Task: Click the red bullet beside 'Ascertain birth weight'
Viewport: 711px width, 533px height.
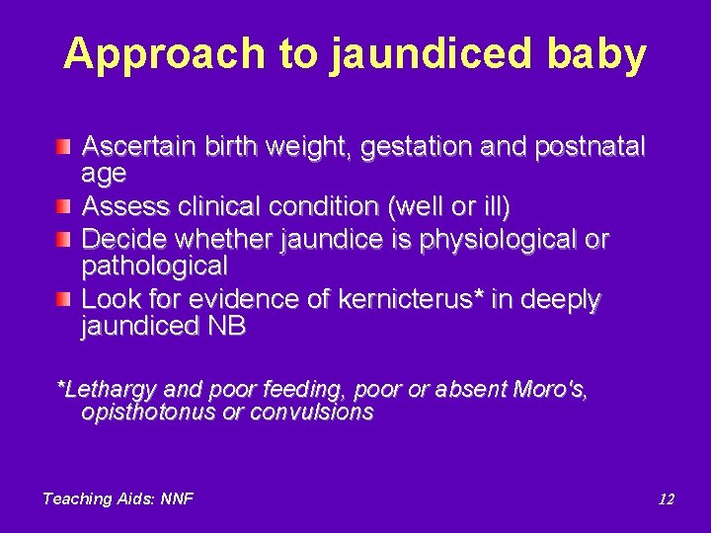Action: click(x=63, y=147)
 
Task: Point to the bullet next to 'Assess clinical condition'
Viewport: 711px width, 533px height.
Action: click(x=63, y=206)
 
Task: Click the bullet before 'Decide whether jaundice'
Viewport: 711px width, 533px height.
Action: click(x=63, y=239)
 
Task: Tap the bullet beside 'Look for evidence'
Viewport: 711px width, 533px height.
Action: click(x=63, y=298)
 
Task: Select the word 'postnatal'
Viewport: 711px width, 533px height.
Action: click(x=590, y=147)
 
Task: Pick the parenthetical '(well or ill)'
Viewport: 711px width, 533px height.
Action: click(x=450, y=207)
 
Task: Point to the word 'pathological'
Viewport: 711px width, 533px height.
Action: click(x=154, y=266)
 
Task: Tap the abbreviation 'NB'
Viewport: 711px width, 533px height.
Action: click(x=227, y=326)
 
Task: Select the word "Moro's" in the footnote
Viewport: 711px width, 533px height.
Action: click(x=551, y=389)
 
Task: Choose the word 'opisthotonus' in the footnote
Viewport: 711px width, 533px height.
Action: click(x=148, y=413)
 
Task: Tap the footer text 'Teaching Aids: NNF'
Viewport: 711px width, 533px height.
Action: click(x=118, y=498)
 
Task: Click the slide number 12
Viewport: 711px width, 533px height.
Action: click(x=667, y=498)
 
